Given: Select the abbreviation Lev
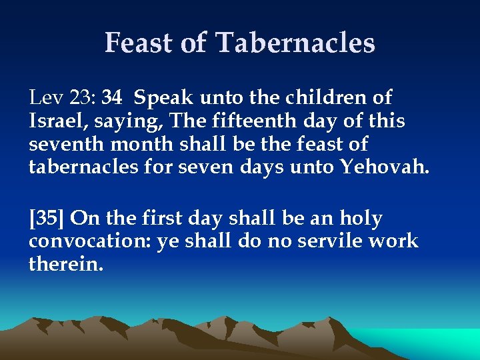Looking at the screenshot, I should pos(44,98).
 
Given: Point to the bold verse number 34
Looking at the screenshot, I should pos(112,98).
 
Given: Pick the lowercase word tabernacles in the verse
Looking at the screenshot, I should pos(83,167).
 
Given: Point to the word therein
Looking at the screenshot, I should pos(66,264).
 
